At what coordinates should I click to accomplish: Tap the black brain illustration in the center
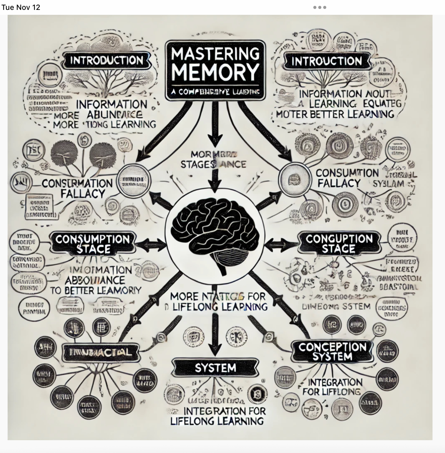click(215, 235)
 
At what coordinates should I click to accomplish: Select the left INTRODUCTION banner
click(107, 61)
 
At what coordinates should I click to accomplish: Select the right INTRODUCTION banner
click(327, 61)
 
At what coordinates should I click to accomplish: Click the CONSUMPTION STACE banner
click(93, 244)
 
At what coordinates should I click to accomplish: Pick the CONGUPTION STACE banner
click(339, 243)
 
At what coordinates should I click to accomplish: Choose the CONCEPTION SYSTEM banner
click(332, 352)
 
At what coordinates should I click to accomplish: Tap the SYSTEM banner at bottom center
click(215, 368)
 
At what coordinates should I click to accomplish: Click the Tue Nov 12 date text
click(21, 7)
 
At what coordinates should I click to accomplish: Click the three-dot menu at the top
click(319, 7)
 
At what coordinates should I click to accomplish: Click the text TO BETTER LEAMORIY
click(95, 290)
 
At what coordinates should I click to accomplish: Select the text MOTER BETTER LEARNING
click(335, 114)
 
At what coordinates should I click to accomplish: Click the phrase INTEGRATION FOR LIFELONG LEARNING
click(218, 416)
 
